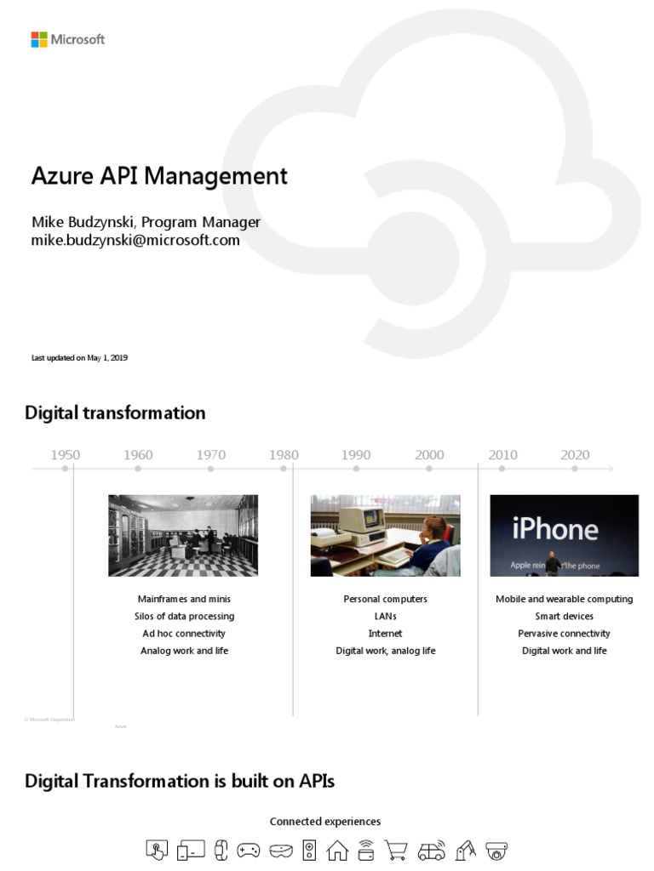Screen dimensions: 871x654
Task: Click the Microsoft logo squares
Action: point(38,39)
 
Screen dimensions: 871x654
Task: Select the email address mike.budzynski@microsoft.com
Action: point(135,241)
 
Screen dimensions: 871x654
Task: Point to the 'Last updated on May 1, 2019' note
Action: point(79,358)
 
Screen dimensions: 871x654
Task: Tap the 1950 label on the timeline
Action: point(66,455)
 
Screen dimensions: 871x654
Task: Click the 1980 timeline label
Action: point(284,455)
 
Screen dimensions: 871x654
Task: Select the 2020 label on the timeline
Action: point(575,455)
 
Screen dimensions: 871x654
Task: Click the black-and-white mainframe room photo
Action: point(183,536)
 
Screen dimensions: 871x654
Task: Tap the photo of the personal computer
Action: point(385,536)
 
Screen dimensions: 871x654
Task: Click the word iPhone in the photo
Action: point(555,530)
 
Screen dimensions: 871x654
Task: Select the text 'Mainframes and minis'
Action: point(184,599)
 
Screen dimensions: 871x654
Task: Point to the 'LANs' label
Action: point(385,616)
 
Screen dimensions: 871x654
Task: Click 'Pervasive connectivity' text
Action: point(564,634)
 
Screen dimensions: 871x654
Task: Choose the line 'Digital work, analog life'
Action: point(385,651)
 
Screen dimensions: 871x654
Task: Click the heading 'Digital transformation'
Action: point(115,413)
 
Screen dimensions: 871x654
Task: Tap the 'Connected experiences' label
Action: point(325,822)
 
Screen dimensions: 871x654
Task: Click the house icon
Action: point(338,849)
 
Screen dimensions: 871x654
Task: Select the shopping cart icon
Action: point(395,849)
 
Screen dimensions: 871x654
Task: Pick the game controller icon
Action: point(249,849)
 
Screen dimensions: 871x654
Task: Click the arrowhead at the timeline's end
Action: point(611,468)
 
